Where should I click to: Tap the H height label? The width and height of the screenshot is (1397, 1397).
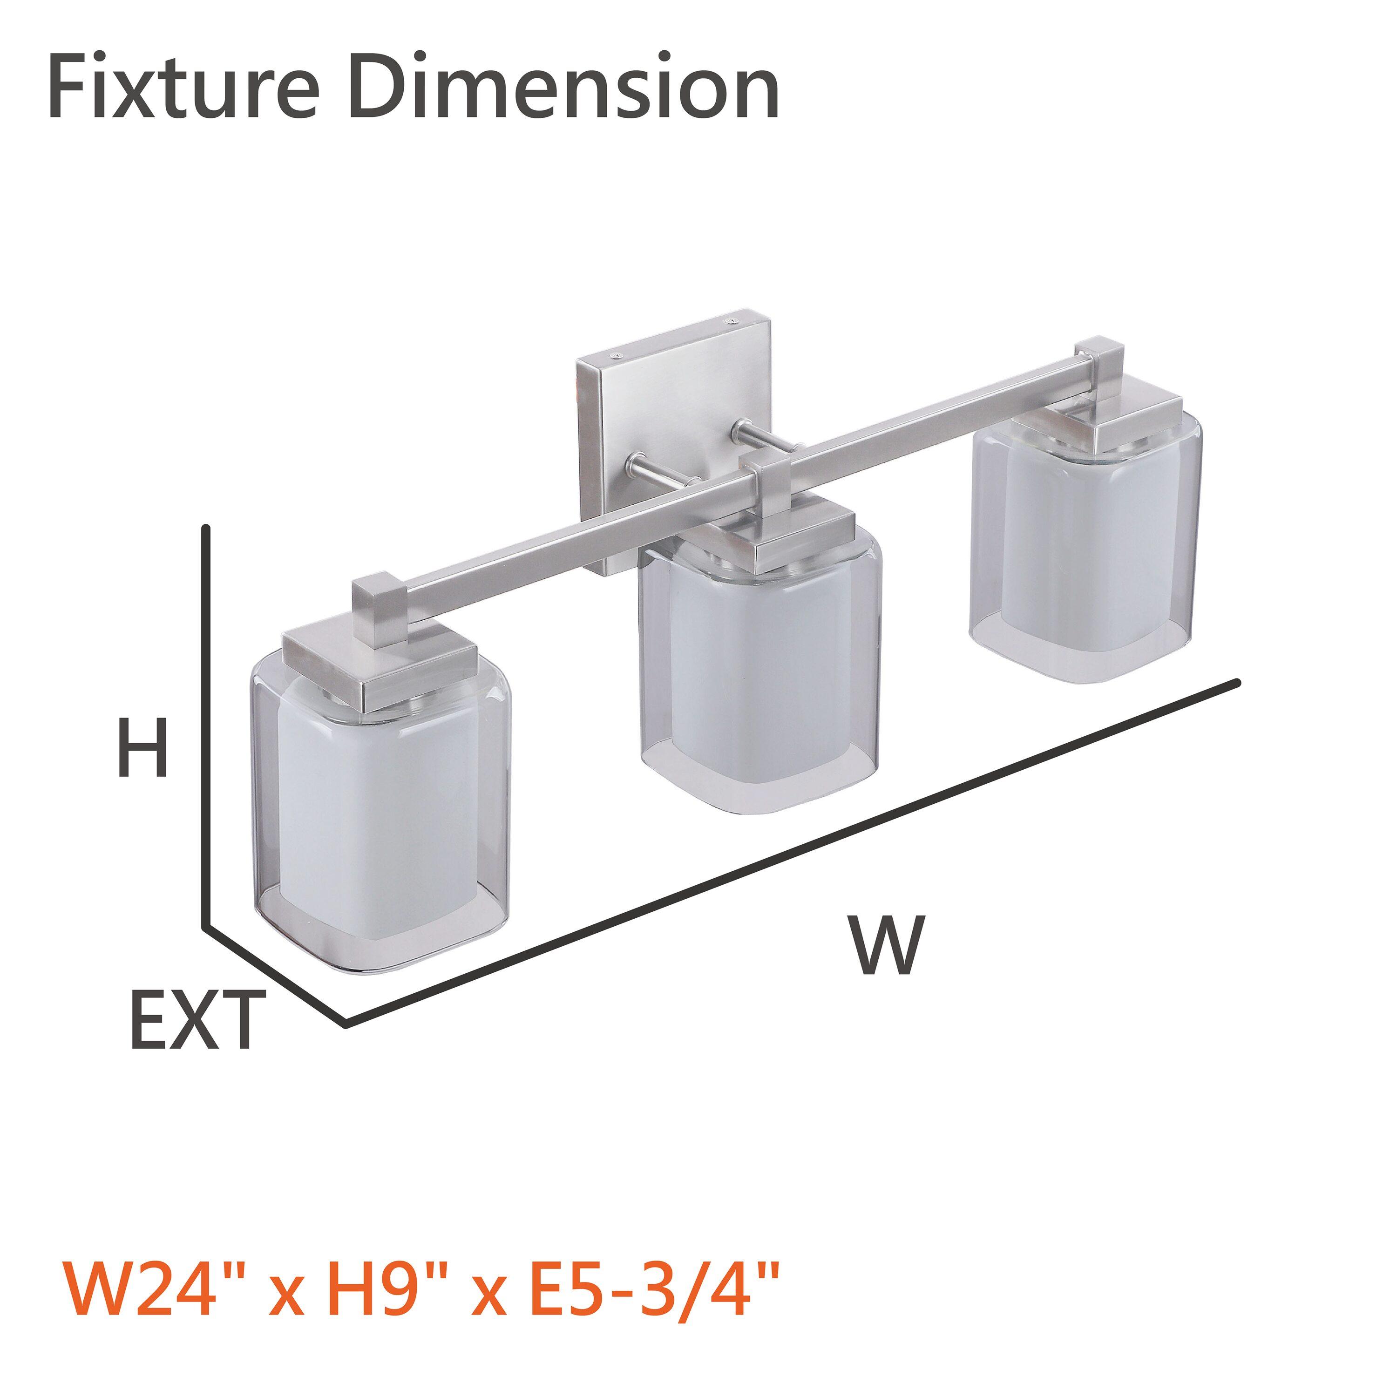143,748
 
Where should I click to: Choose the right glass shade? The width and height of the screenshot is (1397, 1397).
1085,549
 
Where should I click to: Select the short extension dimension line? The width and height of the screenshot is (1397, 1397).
275,973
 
